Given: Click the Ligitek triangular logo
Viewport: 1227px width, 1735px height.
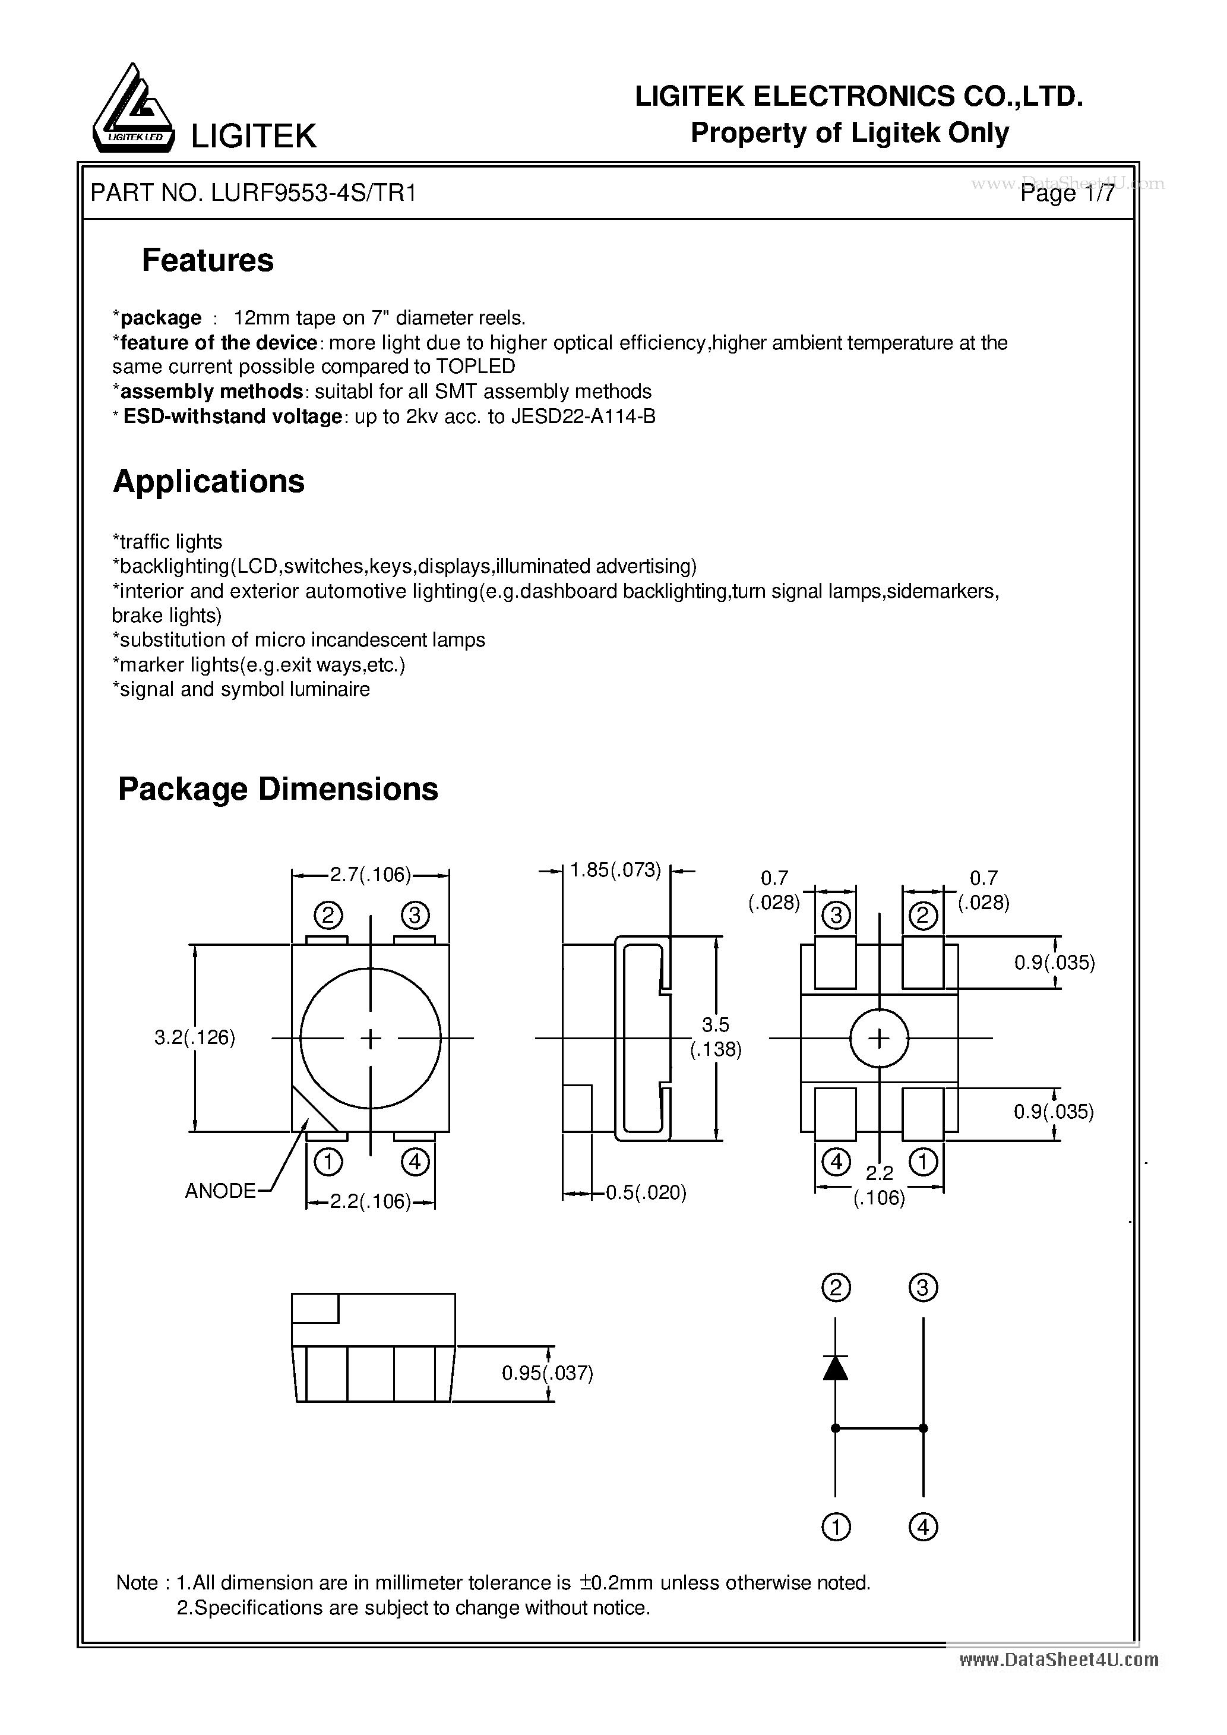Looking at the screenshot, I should click(133, 109).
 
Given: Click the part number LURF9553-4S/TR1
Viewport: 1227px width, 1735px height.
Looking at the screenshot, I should click(314, 194).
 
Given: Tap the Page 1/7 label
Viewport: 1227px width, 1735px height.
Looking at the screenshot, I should click(1066, 194).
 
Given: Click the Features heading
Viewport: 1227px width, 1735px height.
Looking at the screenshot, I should click(208, 261).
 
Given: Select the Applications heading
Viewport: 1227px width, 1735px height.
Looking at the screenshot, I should click(208, 481).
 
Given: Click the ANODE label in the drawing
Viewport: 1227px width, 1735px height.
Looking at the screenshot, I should click(220, 1191).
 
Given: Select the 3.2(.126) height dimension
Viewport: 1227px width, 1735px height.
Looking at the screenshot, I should click(195, 1037).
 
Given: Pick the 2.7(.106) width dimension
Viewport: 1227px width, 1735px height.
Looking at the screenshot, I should click(370, 875).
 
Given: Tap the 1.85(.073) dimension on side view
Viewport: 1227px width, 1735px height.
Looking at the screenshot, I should click(615, 870).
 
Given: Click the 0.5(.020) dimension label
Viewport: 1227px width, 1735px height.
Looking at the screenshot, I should click(646, 1193).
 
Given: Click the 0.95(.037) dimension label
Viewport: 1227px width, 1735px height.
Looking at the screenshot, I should click(547, 1373).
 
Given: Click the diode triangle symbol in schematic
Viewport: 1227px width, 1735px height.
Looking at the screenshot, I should click(835, 1368).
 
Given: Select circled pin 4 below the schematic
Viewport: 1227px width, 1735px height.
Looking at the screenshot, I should click(922, 1528).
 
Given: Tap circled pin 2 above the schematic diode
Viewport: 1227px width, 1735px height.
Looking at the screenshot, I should click(835, 1287).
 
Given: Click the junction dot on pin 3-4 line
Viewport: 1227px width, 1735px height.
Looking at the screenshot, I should click(922, 1428).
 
